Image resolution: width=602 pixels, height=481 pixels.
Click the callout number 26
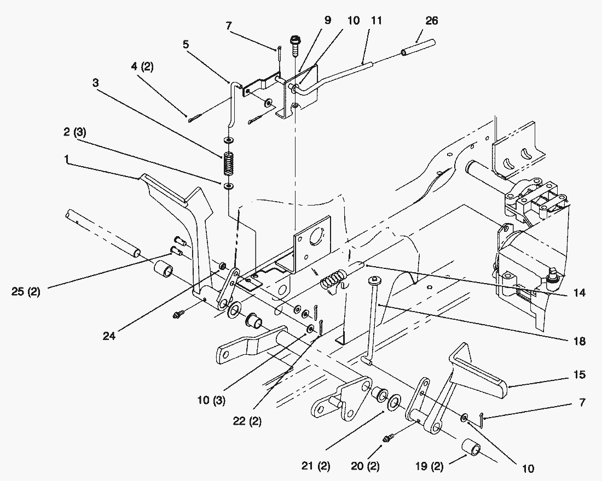tap(432, 21)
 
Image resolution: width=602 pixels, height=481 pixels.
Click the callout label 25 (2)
tap(26, 291)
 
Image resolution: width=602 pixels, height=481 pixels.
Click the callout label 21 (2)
tap(316, 466)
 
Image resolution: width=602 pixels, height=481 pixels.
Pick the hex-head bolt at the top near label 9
tap(296, 42)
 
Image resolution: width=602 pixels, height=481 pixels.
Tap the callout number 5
tap(186, 44)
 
